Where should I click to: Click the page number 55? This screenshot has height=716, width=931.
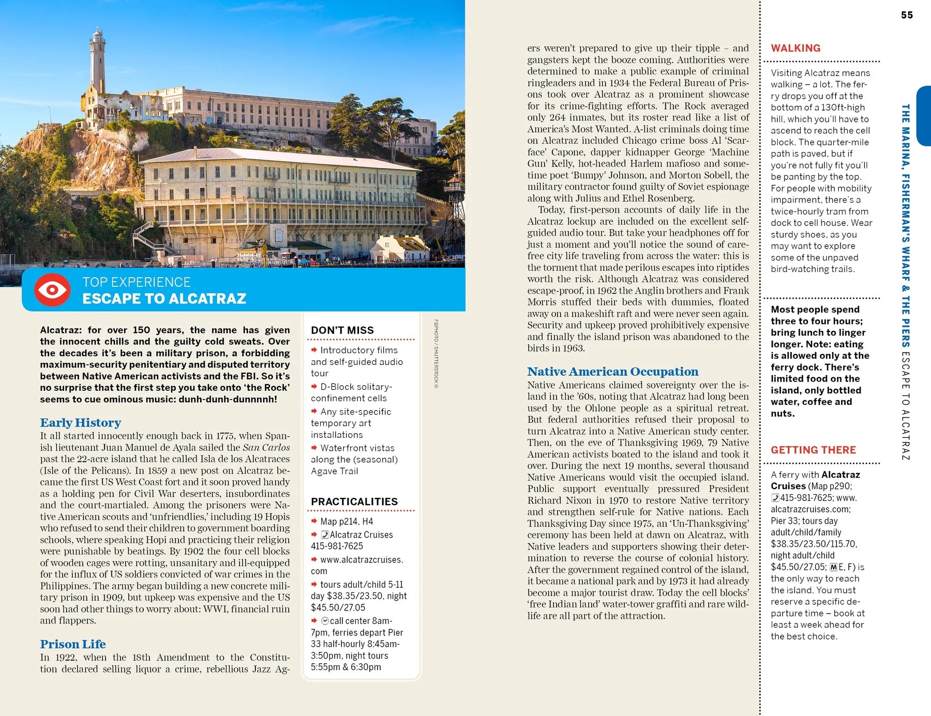(x=907, y=15)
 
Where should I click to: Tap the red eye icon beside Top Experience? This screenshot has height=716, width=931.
(x=52, y=290)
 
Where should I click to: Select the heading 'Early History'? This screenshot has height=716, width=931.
(x=81, y=423)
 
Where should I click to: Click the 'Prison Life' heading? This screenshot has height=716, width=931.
(x=73, y=644)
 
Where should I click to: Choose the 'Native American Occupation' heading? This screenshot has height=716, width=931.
(x=612, y=372)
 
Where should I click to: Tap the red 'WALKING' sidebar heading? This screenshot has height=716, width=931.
(x=795, y=48)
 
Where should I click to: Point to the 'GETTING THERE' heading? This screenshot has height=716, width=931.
(x=813, y=450)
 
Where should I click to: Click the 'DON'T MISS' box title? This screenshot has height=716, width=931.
(x=342, y=330)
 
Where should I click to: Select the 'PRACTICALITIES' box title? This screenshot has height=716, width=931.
(x=354, y=501)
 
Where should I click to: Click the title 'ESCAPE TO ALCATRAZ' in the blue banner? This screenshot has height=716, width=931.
(x=164, y=299)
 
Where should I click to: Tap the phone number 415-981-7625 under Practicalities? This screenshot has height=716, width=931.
(x=337, y=546)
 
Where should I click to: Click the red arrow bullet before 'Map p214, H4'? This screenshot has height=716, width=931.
(x=314, y=521)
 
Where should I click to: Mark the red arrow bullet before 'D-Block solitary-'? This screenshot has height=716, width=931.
(x=314, y=386)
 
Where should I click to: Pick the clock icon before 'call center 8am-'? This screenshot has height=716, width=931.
(x=325, y=621)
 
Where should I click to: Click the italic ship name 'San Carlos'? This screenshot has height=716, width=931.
(x=266, y=447)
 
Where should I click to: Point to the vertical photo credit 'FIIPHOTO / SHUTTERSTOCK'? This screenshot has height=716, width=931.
(x=436, y=354)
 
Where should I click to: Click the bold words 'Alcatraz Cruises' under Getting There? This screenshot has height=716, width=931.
(x=815, y=480)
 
